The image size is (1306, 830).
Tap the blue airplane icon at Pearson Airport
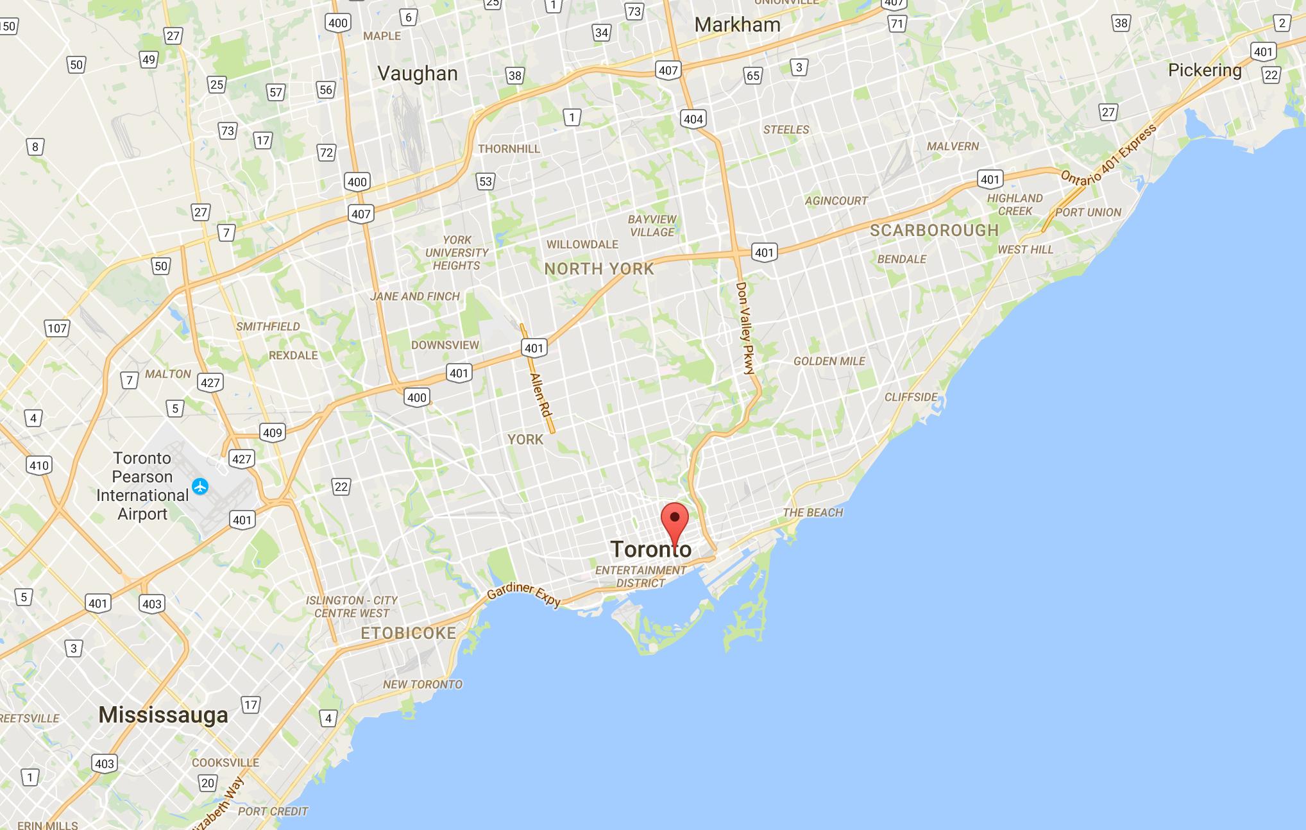pyautogui.click(x=201, y=486)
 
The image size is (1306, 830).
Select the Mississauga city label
pyautogui.click(x=163, y=715)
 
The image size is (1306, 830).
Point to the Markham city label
pyautogui.click(x=737, y=25)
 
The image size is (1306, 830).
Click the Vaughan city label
pyautogui.click(x=418, y=74)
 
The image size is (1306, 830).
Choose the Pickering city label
pyautogui.click(x=1205, y=71)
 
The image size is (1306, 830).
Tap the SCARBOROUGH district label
pyautogui.click(x=934, y=230)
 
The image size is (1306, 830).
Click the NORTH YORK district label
pyautogui.click(x=599, y=269)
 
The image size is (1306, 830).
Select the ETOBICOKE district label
pyautogui.click(x=409, y=633)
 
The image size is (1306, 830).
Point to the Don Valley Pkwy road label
pyautogui.click(x=745, y=328)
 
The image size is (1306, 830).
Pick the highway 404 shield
pyautogui.click(x=693, y=119)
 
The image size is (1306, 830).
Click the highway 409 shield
pyautogui.click(x=272, y=432)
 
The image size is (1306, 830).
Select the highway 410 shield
pyautogui.click(x=38, y=466)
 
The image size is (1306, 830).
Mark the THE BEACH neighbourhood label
pyautogui.click(x=813, y=512)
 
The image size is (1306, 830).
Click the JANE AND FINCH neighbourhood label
pyautogui.click(x=414, y=296)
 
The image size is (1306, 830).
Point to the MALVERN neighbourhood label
pyautogui.click(x=953, y=146)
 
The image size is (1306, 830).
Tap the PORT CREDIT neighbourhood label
pyautogui.click(x=273, y=811)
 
